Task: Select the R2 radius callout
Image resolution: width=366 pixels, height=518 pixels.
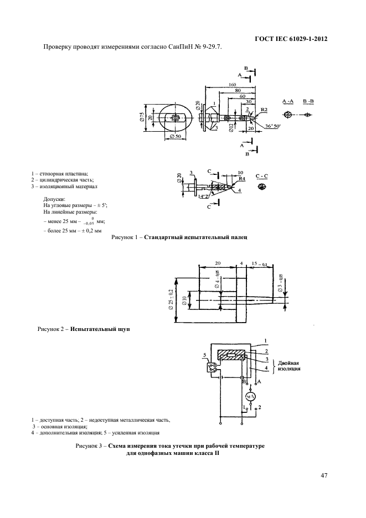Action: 264,110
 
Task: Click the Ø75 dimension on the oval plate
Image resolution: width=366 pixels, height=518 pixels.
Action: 143,117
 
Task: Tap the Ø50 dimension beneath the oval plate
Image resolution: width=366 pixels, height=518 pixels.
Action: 176,136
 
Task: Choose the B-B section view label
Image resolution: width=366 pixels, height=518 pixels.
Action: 307,102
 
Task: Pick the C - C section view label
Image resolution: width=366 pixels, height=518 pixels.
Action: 262,175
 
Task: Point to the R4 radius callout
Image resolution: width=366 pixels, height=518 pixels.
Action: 242,179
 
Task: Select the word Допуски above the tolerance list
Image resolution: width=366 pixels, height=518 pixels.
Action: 54,198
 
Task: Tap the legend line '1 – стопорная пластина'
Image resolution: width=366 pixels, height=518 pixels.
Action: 59,174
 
